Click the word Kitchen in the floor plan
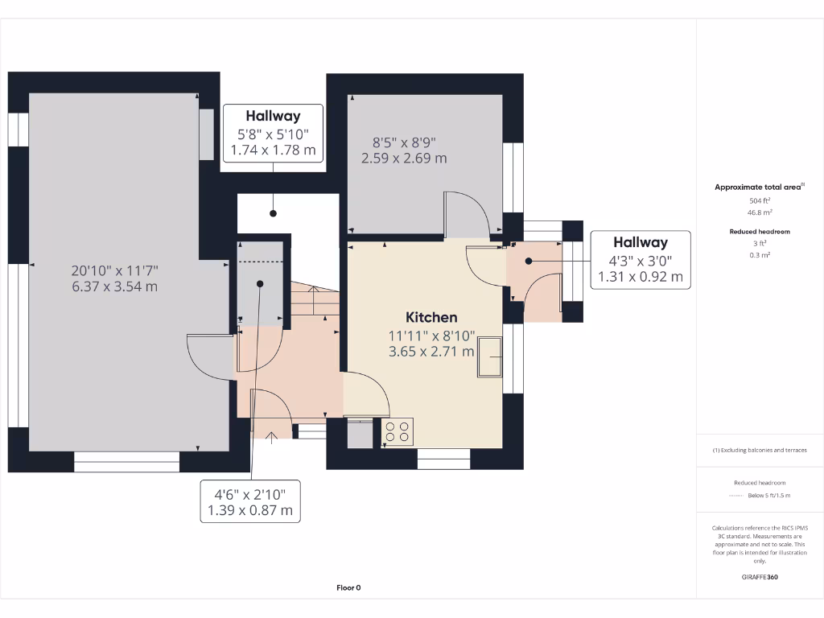click(431, 317)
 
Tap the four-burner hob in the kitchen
click(398, 431)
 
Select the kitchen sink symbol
click(488, 356)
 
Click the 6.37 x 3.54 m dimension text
click(113, 286)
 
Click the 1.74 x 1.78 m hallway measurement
click(273, 150)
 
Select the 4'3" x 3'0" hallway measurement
click(641, 260)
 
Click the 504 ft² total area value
click(760, 200)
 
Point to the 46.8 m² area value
click(760, 212)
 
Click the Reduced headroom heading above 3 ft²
click(760, 232)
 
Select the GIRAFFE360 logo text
click(760, 577)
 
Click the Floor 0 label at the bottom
click(348, 588)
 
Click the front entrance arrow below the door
click(271, 438)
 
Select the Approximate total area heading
click(759, 187)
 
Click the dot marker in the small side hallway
click(529, 261)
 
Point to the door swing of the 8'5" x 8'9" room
click(468, 212)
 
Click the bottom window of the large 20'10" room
click(126, 461)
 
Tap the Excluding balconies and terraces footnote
click(760, 450)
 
